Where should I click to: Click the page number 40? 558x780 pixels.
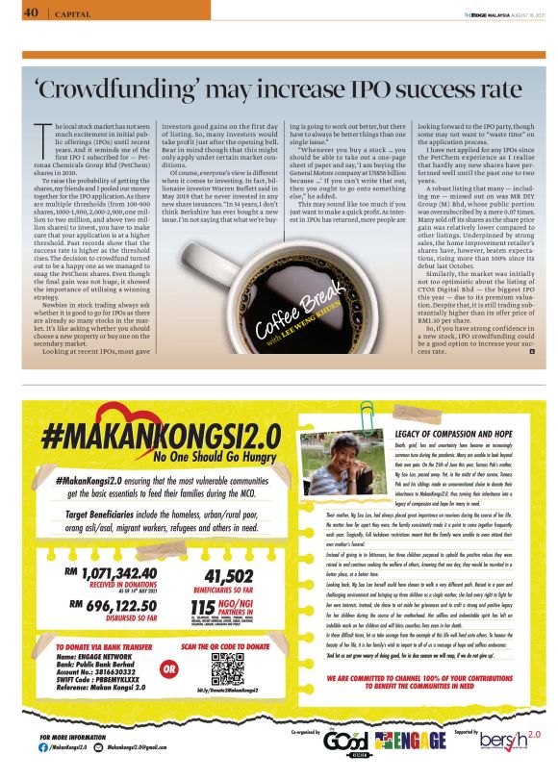pyautogui.click(x=30, y=13)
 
